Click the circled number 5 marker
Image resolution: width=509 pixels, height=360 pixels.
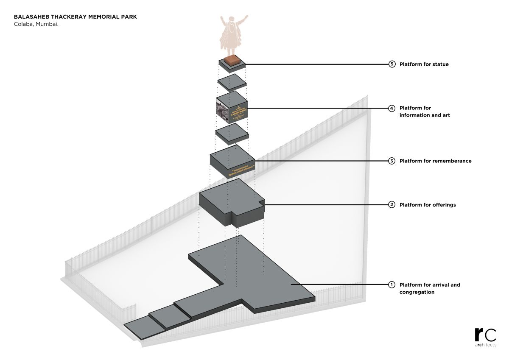point(392,64)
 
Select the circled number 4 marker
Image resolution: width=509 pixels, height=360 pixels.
point(392,108)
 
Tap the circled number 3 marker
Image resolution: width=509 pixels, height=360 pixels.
point(392,161)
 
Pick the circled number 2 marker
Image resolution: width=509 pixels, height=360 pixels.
point(392,205)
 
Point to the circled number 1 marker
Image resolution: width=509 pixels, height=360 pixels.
point(392,285)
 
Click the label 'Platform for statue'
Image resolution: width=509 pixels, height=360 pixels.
point(424,64)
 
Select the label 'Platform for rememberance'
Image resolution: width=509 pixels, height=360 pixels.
point(435,161)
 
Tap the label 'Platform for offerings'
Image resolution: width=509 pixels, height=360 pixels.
point(428,205)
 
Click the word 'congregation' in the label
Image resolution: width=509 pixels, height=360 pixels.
point(417,292)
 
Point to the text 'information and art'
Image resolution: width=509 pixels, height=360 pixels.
point(425,115)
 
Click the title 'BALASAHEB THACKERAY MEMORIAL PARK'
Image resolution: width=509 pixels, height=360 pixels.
point(76,17)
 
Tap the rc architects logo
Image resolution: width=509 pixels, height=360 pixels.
point(485,338)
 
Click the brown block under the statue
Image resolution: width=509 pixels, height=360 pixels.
point(232,60)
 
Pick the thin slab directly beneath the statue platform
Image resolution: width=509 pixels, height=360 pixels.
point(232,81)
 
